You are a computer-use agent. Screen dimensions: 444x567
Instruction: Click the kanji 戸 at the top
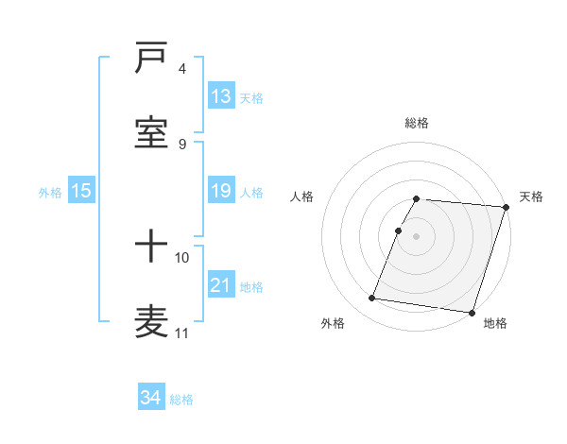click(x=151, y=60)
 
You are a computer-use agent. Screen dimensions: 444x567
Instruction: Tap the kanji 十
click(x=151, y=248)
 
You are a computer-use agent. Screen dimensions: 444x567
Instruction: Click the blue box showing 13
click(x=221, y=96)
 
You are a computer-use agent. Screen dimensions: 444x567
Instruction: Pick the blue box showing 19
click(x=221, y=191)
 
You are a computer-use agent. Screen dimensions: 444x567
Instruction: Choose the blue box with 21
click(x=221, y=285)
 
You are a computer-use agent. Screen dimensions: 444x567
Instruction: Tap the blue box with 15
click(x=81, y=191)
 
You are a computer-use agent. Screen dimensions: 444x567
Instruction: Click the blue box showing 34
click(x=151, y=398)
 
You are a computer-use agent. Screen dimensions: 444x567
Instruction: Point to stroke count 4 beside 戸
click(x=182, y=69)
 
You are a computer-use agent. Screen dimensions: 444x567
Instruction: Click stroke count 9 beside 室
click(x=182, y=144)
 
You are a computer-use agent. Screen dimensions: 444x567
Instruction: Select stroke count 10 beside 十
click(x=182, y=257)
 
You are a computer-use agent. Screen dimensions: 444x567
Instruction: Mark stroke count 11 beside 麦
click(x=182, y=333)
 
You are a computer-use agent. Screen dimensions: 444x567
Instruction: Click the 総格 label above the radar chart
click(x=417, y=123)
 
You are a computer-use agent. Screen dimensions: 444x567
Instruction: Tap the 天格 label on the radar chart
click(x=532, y=196)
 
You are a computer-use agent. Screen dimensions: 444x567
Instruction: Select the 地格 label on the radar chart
click(x=495, y=323)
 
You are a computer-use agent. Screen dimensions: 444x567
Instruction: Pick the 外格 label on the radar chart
click(x=333, y=323)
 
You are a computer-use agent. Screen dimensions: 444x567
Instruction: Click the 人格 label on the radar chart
click(x=302, y=196)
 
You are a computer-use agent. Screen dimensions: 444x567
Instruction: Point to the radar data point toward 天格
click(x=507, y=207)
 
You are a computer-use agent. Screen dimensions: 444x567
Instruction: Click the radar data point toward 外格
click(x=372, y=298)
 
